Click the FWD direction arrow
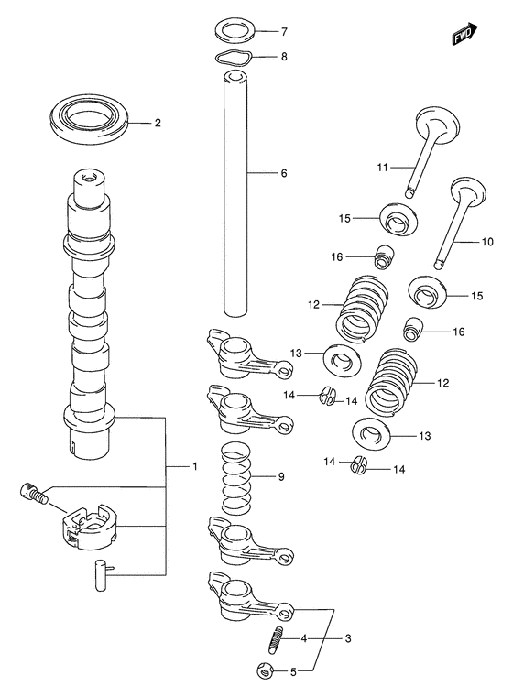click(x=465, y=34)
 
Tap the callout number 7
click(x=284, y=31)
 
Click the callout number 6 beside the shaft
click(x=284, y=173)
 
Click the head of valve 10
click(x=468, y=192)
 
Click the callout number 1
click(x=195, y=466)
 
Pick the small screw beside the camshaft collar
click(x=34, y=494)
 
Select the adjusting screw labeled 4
click(x=276, y=639)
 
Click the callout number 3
click(x=347, y=638)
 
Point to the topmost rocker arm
click(x=247, y=354)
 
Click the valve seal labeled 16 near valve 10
click(x=412, y=330)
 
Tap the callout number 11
click(x=382, y=167)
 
